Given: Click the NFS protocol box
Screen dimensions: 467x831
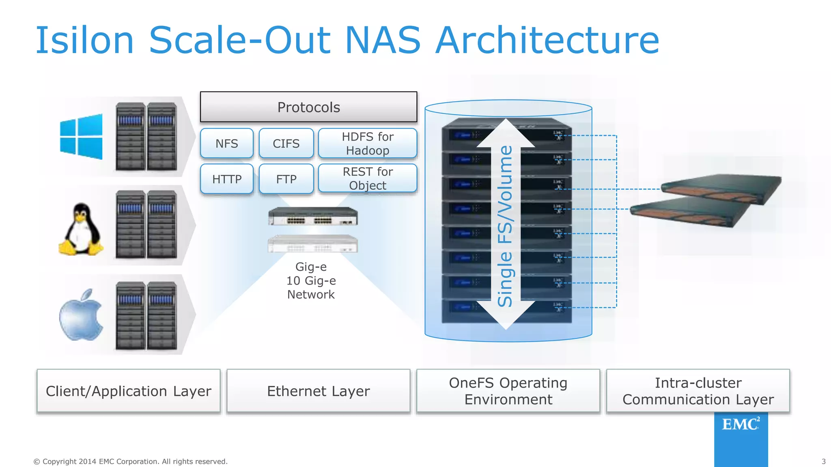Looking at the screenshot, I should pos(226,144).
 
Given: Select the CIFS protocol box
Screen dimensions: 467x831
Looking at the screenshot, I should pos(286,144).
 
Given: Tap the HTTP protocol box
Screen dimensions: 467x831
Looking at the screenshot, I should pos(226,179).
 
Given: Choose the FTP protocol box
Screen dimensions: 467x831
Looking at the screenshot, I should pos(286,179).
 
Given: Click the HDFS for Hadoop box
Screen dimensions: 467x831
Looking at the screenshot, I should pos(368,144).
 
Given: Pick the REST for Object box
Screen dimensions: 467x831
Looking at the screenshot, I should pos(368,178).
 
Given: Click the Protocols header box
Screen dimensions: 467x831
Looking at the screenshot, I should pos(308,107).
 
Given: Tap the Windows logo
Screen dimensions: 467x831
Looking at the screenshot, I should pos(81,137).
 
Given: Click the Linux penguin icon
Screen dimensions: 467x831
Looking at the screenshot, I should pos(81,229).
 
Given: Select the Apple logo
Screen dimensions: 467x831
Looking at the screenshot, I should pos(81,315).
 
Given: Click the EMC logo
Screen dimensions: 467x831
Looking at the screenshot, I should pos(741,425).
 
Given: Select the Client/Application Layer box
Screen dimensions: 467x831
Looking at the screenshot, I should pos(128,391).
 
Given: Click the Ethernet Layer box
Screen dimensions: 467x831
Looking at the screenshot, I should pos(318,391).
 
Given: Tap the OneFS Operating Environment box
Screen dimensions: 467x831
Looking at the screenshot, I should pos(508,391).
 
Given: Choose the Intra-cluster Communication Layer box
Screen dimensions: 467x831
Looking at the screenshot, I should pos(698,391).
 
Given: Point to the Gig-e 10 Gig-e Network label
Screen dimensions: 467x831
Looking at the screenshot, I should pos(311,281).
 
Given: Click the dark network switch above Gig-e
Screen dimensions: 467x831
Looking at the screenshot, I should pos(313,216).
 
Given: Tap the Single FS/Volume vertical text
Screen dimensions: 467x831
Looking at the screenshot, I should pos(505,226).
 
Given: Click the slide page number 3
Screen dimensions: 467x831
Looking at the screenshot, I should pos(823,461).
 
